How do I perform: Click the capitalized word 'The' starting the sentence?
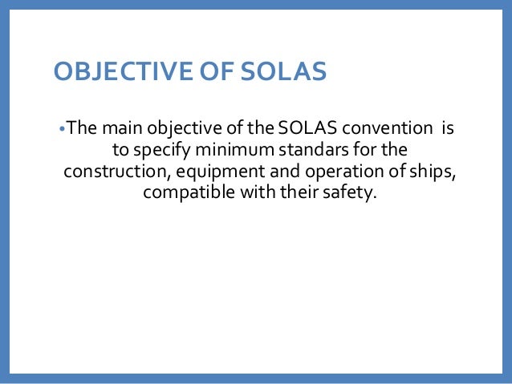[80, 128]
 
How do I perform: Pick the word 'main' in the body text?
[120, 128]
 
